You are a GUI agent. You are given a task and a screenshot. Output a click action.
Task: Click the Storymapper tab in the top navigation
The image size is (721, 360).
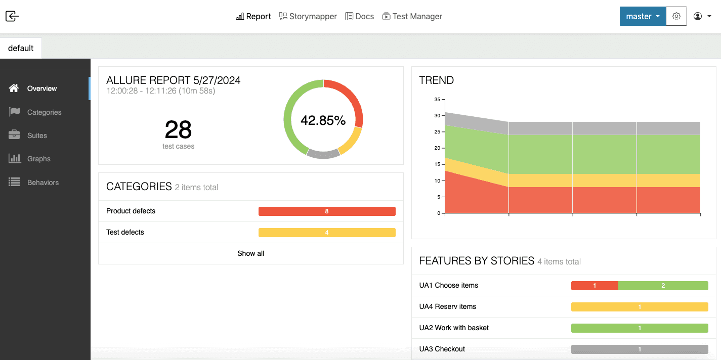pyautogui.click(x=308, y=16)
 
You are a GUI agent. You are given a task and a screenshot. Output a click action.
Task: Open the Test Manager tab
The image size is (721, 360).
pyautogui.click(x=412, y=16)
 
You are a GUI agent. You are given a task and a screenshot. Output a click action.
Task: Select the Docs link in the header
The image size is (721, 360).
pyautogui.click(x=359, y=16)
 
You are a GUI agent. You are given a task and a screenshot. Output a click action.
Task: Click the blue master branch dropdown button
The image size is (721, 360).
pyautogui.click(x=643, y=16)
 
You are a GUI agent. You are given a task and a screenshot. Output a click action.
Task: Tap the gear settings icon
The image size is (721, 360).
pyautogui.click(x=676, y=16)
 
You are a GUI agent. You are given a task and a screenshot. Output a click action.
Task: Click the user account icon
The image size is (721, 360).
pyautogui.click(x=698, y=16)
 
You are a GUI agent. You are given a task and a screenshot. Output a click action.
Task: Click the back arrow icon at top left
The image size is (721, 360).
pyautogui.click(x=12, y=16)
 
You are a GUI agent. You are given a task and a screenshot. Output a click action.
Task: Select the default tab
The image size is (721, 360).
pyautogui.click(x=21, y=48)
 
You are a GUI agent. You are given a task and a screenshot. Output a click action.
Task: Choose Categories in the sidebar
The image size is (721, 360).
pyautogui.click(x=44, y=112)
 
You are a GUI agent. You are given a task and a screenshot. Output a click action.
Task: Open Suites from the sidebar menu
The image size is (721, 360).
pyautogui.click(x=37, y=136)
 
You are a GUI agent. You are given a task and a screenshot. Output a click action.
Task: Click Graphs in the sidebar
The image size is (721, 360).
pyautogui.click(x=38, y=159)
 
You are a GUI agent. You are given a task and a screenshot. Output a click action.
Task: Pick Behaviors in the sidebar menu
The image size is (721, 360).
pyautogui.click(x=43, y=183)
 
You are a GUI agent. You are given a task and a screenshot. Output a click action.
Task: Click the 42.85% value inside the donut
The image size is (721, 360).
pyautogui.click(x=323, y=120)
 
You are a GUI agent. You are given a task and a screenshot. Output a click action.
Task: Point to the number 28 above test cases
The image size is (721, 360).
pyautogui.click(x=178, y=129)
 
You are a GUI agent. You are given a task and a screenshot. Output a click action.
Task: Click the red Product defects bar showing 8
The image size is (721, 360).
pyautogui.click(x=327, y=211)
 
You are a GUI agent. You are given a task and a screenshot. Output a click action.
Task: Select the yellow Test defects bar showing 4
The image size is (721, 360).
pyautogui.click(x=327, y=233)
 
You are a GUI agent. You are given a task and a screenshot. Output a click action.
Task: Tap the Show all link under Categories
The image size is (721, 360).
pyautogui.click(x=250, y=253)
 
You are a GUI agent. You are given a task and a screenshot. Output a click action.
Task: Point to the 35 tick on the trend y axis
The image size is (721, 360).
pyautogui.click(x=437, y=100)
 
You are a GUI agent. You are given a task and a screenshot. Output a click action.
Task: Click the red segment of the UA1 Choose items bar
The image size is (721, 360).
pyautogui.click(x=595, y=286)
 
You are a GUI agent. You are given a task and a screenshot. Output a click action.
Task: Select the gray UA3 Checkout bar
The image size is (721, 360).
pyautogui.click(x=640, y=349)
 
